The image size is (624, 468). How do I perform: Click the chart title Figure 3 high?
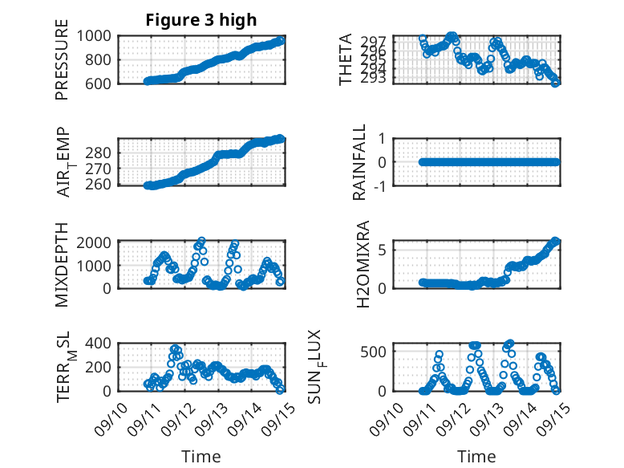(201, 20)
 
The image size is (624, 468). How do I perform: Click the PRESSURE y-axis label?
(62, 61)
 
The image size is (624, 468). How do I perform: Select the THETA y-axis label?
(346, 60)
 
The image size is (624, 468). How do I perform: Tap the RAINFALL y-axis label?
(360, 162)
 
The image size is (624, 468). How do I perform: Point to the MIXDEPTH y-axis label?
(62, 264)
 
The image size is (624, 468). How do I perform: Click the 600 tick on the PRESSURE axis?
(102, 83)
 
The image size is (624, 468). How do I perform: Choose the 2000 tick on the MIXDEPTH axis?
(95, 242)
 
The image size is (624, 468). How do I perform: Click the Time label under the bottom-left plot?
(201, 456)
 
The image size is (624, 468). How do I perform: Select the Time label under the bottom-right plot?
(476, 456)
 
